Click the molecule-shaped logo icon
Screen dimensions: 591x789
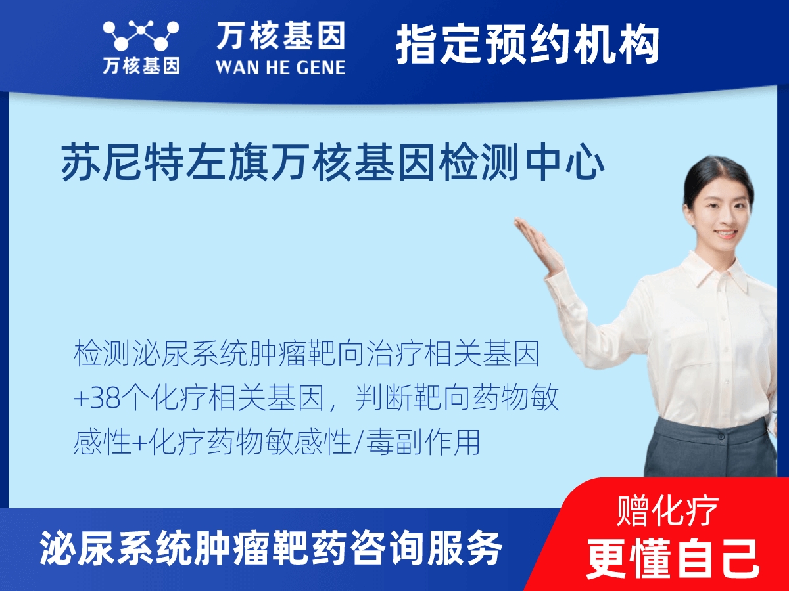[x=141, y=35]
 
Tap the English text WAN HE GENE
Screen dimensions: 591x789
[x=280, y=67]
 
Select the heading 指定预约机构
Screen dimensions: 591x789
[x=527, y=45]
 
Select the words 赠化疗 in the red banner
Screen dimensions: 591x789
[x=668, y=512]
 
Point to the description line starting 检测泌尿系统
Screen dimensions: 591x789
[x=306, y=355]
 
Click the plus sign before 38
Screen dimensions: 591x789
[x=80, y=399]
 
